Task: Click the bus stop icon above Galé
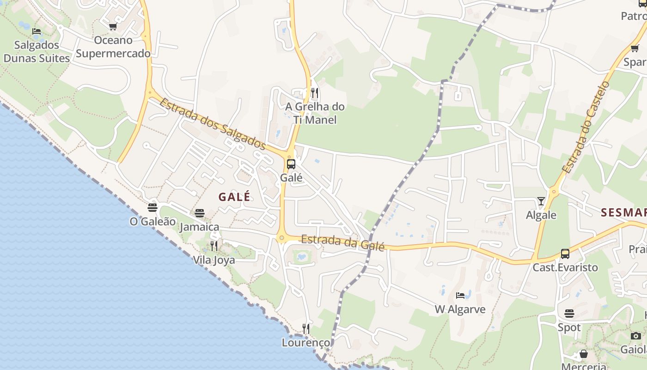(x=291, y=164)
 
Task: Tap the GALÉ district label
(x=234, y=197)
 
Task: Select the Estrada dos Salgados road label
(x=213, y=124)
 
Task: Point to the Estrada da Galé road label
(x=342, y=242)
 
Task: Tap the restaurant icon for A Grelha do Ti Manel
(x=315, y=93)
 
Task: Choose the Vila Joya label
(x=214, y=260)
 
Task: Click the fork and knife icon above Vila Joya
(x=214, y=246)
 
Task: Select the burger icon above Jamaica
(x=200, y=213)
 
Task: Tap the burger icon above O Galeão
(x=153, y=208)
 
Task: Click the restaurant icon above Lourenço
(x=306, y=328)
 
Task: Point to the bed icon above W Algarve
(x=460, y=295)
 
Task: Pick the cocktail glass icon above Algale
(x=541, y=201)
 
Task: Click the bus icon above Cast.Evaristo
(x=565, y=253)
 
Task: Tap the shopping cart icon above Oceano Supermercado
(x=113, y=27)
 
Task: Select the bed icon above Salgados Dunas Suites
(x=37, y=31)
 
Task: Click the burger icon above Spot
(x=569, y=314)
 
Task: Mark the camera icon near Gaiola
(x=636, y=336)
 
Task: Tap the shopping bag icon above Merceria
(x=584, y=354)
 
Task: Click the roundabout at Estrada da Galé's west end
(x=281, y=238)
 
